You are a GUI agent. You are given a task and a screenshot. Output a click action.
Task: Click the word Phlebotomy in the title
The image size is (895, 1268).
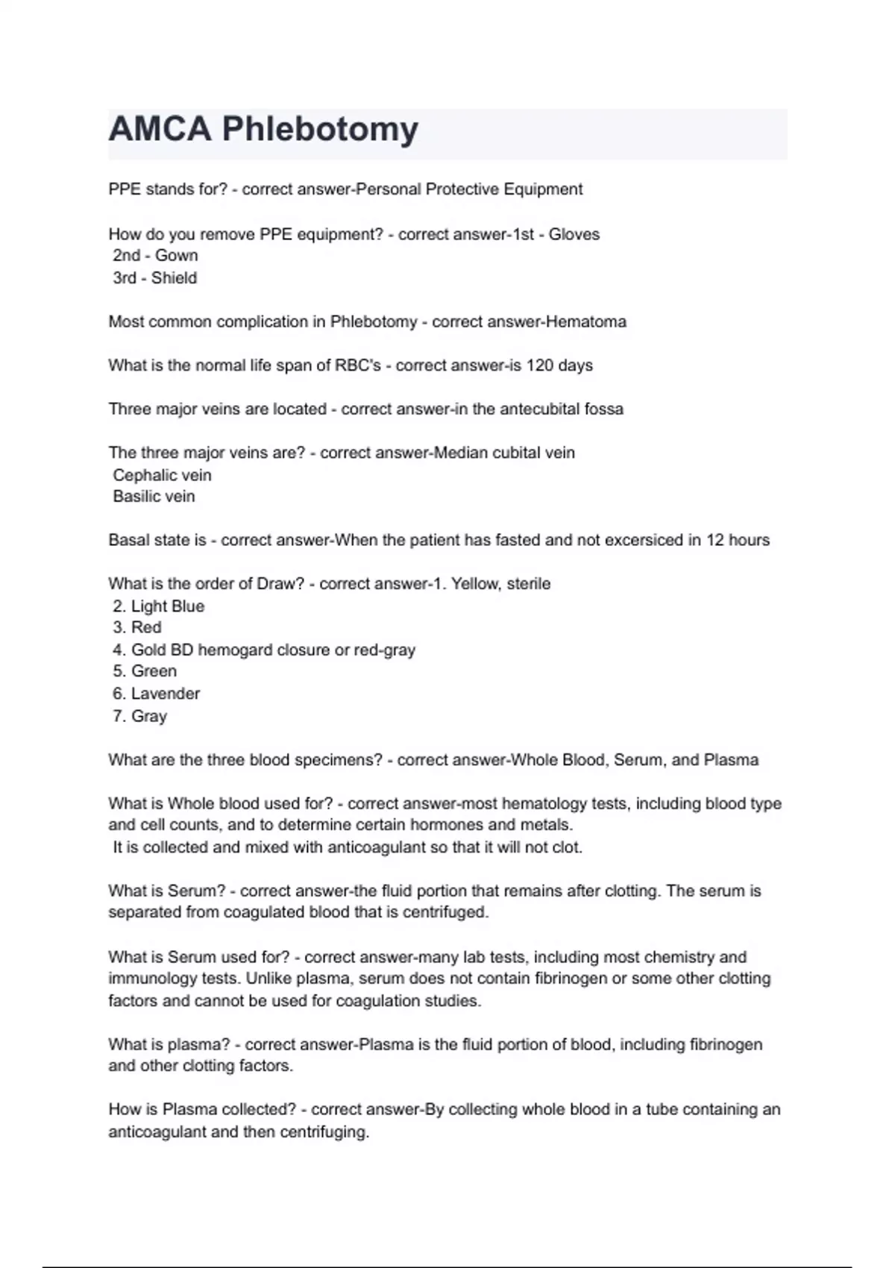(320, 129)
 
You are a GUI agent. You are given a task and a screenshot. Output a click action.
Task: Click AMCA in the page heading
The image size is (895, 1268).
(160, 129)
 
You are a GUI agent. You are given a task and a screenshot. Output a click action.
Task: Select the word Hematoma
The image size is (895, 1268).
(586, 321)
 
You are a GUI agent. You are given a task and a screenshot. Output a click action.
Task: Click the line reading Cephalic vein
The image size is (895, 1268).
(162, 475)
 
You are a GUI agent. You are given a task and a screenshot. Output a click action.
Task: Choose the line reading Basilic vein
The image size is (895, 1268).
(154, 497)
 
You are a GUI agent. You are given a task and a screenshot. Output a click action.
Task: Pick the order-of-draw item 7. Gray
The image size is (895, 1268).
(139, 716)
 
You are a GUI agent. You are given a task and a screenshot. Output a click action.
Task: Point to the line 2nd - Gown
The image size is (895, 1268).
(155, 256)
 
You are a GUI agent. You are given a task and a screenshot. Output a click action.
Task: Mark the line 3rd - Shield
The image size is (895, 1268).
(154, 278)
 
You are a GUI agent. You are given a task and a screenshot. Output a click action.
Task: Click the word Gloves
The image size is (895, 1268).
(574, 234)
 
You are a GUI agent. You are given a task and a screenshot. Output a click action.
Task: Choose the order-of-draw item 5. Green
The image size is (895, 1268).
(145, 671)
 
